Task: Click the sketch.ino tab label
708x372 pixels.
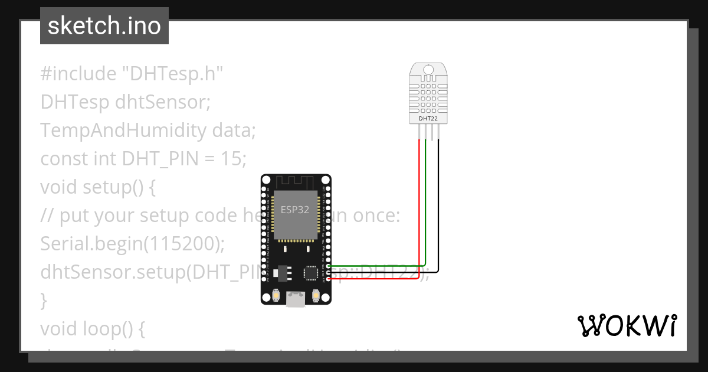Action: pos(104,26)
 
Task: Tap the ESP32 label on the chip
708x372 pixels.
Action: pos(295,210)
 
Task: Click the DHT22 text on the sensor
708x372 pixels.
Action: pos(428,119)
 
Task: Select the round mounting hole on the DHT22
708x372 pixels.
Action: pos(428,70)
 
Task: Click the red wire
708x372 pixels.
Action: pos(419,213)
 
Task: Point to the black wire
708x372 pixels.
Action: pos(438,213)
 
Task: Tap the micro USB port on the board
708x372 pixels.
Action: pos(296,300)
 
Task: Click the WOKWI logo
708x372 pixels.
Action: pos(627,325)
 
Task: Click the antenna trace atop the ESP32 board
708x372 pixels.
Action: pos(296,181)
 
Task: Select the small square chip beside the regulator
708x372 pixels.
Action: pos(311,272)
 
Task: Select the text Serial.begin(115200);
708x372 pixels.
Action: pos(135,243)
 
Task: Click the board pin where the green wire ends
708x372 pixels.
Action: pos(329,266)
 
